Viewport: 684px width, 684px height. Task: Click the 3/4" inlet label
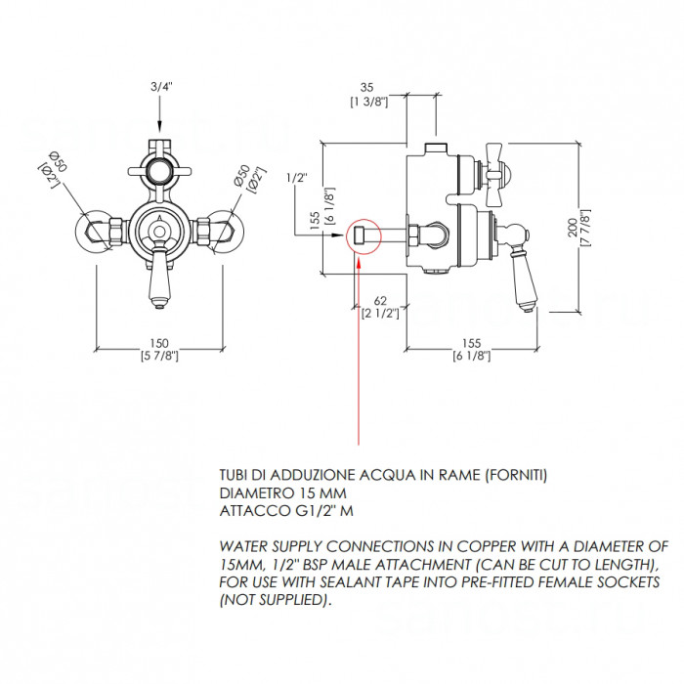coord(161,86)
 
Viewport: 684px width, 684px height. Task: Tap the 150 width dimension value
coord(159,343)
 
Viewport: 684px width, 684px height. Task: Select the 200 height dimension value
coord(573,228)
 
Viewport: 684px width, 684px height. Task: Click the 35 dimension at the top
coord(367,88)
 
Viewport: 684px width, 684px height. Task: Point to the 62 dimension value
coord(380,301)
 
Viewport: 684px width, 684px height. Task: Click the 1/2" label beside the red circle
coord(297,178)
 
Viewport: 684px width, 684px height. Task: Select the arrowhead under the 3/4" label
coord(159,127)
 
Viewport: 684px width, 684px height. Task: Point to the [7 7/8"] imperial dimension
coord(585,228)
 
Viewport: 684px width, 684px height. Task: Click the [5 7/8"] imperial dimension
coord(159,356)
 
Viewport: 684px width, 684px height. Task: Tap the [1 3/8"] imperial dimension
coord(368,102)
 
